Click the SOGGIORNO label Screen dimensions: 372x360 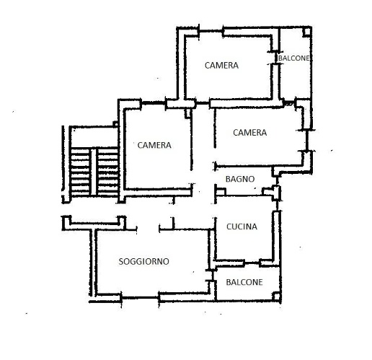pos(143,261)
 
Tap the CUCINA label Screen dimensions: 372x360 pos(242,227)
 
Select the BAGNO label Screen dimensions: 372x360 pos(240,179)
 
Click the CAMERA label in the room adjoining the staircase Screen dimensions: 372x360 pos(154,145)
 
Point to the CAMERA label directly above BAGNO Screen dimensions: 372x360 pos(250,133)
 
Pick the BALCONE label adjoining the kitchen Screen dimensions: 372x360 pos(244,282)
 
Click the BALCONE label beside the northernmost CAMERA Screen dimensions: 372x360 pos(293,58)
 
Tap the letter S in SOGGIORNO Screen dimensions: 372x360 pos(121,261)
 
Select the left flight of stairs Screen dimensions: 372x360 pos(80,171)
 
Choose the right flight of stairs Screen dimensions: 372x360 pos(107,171)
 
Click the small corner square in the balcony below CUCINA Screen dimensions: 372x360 pos(276,296)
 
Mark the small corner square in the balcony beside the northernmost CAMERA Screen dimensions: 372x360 pos(306,32)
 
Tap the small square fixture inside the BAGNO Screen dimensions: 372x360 pos(221,191)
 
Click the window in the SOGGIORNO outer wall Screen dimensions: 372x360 pos(140,298)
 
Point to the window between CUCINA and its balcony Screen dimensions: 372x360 pos(252,263)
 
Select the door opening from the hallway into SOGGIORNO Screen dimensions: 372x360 pos(148,229)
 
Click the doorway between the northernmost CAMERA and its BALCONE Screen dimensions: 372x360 pos(276,58)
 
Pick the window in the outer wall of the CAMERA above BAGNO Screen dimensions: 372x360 pos(307,141)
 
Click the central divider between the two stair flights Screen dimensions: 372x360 pos(94,171)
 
